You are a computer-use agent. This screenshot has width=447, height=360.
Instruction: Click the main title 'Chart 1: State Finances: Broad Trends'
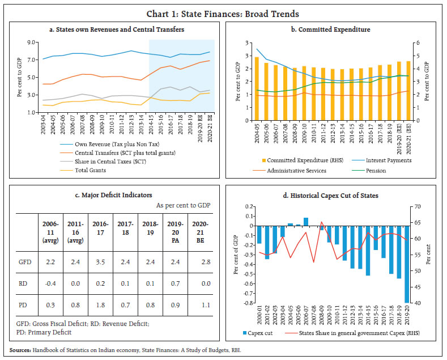pos(223,14)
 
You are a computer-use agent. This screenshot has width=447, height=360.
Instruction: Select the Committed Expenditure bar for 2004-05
pos(257,89)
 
